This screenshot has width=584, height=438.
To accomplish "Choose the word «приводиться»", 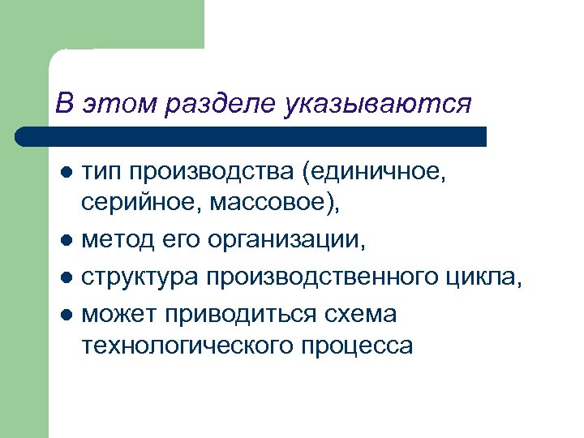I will [x=253, y=313].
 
